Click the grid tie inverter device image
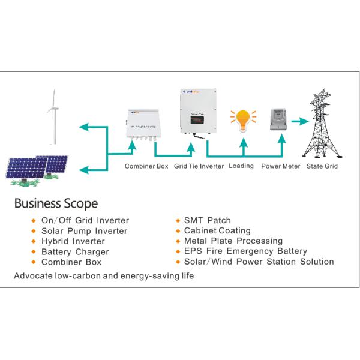197,115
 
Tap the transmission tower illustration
321,123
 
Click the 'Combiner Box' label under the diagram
146,166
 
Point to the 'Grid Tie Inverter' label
199,166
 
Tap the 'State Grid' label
322,166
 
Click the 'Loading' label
241,166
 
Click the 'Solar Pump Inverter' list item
84,231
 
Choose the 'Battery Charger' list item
75,252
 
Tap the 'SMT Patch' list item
207,221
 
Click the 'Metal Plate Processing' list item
233,241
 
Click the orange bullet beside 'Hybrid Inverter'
34,242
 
